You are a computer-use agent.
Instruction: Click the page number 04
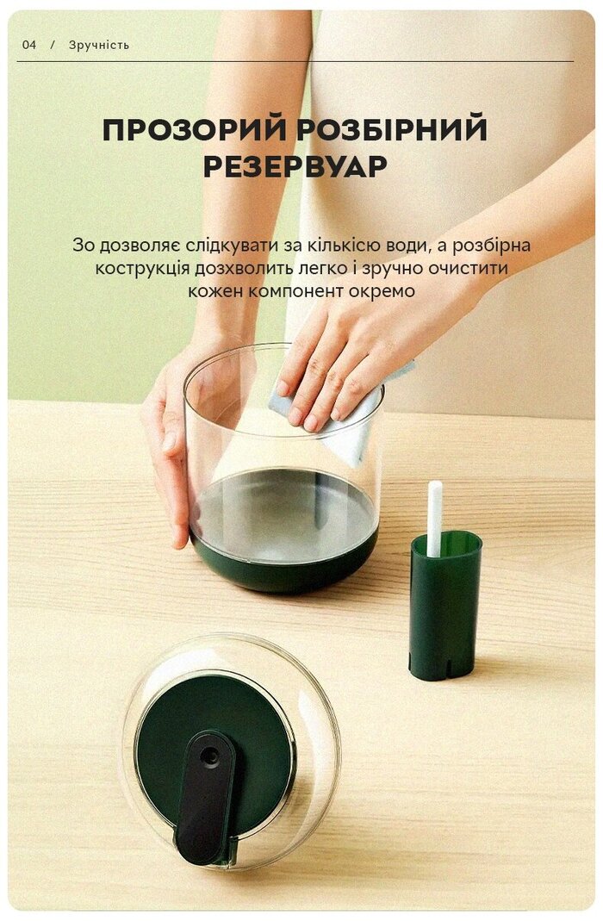tap(28, 45)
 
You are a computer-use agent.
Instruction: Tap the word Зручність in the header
tap(99, 45)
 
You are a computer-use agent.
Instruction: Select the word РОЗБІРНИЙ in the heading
tap(391, 129)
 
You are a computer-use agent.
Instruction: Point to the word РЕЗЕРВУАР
tap(295, 166)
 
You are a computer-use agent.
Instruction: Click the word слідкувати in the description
tap(232, 245)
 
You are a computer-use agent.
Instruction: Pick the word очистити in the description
tap(468, 268)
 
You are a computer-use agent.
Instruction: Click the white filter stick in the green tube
tap(434, 518)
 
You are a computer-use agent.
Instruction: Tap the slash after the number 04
tap(53, 45)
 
